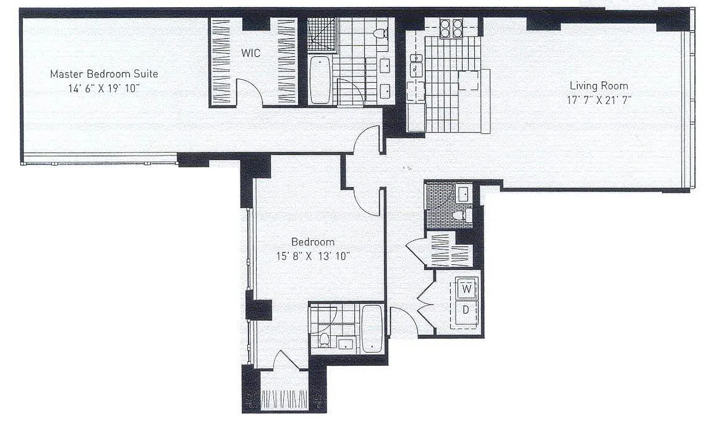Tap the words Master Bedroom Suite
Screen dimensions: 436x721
[104, 74]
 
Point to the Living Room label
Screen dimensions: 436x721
[599, 86]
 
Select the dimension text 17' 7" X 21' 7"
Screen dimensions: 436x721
[599, 100]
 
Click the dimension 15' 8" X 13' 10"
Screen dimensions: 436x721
[313, 256]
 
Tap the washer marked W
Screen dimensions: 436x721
[467, 289]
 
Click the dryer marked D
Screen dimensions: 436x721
[467, 310]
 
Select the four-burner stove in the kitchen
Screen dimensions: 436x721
[451, 28]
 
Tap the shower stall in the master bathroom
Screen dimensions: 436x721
[319, 34]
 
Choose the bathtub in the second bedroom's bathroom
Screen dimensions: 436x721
[372, 328]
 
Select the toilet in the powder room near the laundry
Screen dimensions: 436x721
[461, 215]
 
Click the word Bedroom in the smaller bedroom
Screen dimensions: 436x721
[313, 242]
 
